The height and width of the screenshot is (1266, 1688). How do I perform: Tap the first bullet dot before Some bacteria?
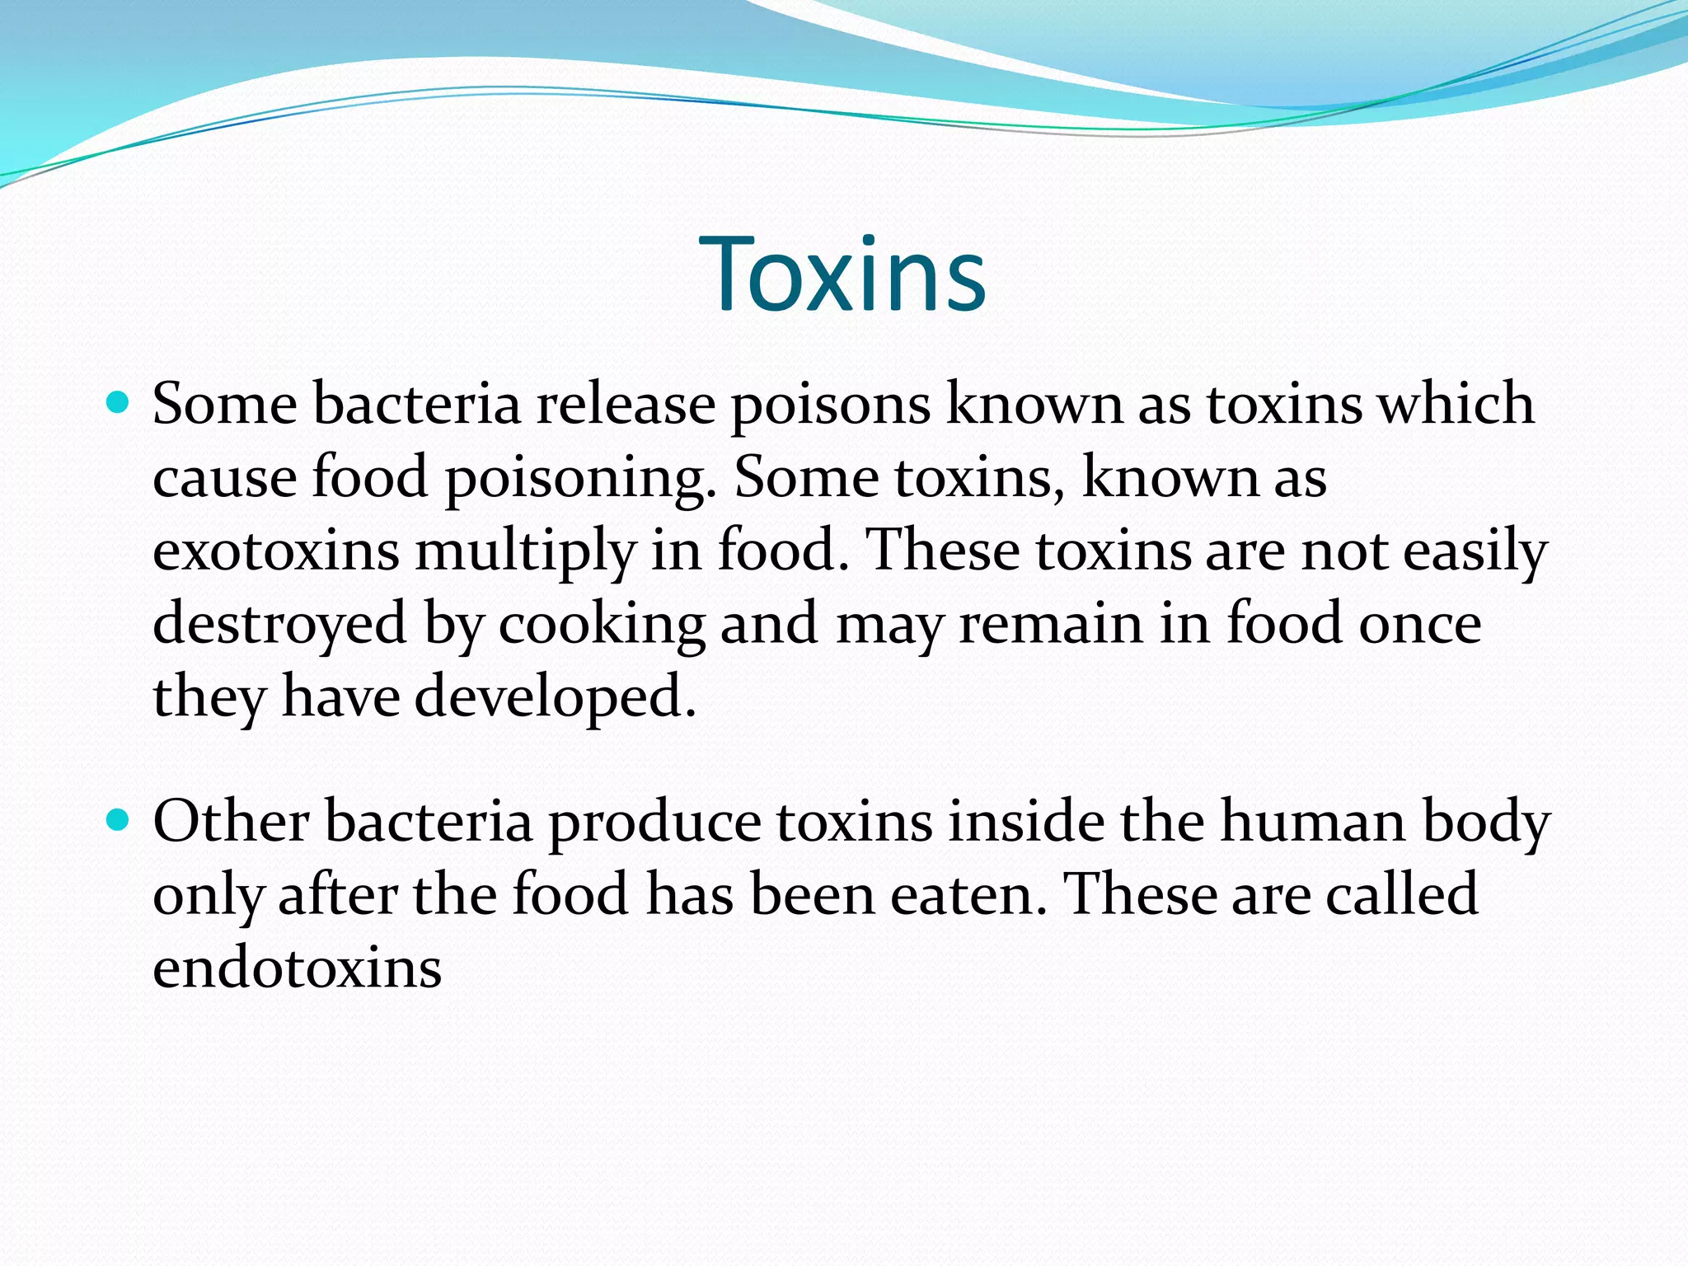click(x=120, y=403)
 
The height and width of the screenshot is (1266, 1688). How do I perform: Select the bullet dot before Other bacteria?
click(x=120, y=821)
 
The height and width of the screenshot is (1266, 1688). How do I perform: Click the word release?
click(x=626, y=405)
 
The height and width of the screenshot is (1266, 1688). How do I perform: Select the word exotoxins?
click(x=276, y=551)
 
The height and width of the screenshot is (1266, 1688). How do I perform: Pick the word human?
click(x=1312, y=822)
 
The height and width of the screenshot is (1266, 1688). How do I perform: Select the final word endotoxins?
click(x=298, y=968)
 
